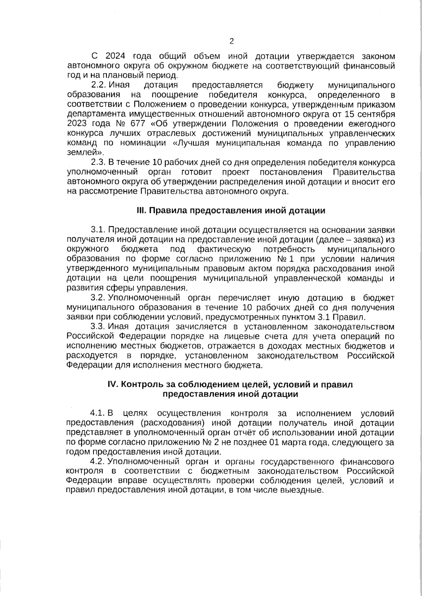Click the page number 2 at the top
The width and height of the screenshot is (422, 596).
click(x=231, y=41)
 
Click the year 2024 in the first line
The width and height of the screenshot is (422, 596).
click(x=115, y=56)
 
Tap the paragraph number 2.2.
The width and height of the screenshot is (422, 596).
click(x=98, y=85)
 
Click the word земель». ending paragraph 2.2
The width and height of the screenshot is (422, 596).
click(x=85, y=153)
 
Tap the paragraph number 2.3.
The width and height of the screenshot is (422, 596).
click(x=98, y=163)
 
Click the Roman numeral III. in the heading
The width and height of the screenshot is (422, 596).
click(x=141, y=211)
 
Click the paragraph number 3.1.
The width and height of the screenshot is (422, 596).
click(x=98, y=230)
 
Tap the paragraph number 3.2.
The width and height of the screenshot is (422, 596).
click(x=98, y=298)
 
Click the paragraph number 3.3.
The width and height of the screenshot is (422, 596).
click(x=98, y=327)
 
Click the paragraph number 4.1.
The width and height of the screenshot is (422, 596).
click(x=98, y=413)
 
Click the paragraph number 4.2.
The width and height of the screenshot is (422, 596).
click(x=98, y=461)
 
